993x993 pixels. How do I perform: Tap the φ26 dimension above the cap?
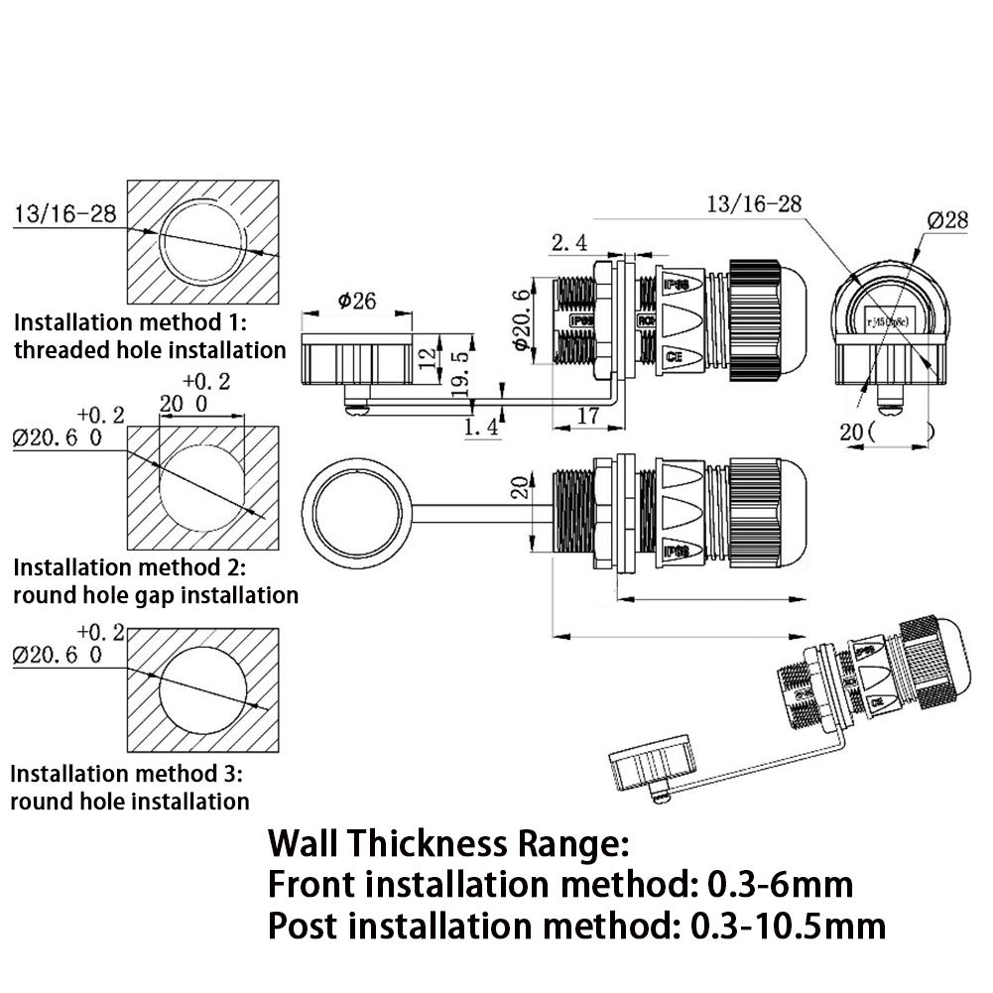(356, 300)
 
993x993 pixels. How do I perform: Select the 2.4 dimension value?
(570, 241)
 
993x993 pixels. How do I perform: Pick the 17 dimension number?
(587, 418)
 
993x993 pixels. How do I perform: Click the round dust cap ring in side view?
(352, 513)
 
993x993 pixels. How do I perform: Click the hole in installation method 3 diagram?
(206, 689)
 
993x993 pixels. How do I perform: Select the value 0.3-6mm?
(780, 884)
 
